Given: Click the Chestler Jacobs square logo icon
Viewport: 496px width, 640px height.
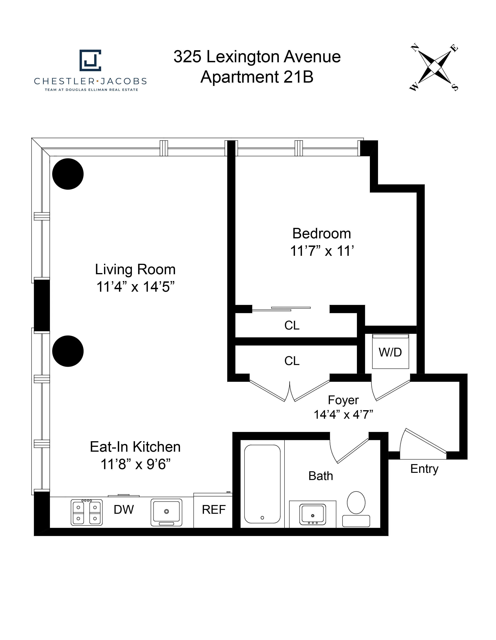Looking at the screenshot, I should [90, 60].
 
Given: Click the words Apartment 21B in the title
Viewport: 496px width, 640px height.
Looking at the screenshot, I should [257, 77].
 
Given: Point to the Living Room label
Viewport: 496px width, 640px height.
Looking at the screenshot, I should [135, 269].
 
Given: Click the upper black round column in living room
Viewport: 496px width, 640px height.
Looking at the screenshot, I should [68, 174].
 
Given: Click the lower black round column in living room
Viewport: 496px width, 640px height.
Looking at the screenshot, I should [68, 351].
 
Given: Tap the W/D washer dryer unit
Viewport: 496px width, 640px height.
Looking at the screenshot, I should [390, 352].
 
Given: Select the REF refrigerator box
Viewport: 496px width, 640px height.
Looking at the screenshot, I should [213, 510].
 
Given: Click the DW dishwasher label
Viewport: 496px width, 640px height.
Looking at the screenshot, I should [124, 510].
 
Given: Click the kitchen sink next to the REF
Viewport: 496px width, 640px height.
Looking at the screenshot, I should [166, 512].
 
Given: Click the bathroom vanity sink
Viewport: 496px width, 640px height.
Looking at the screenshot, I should [312, 515].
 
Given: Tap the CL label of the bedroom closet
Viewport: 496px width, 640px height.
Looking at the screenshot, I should [292, 325].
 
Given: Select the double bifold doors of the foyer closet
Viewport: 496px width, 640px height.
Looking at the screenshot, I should [290, 391].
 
